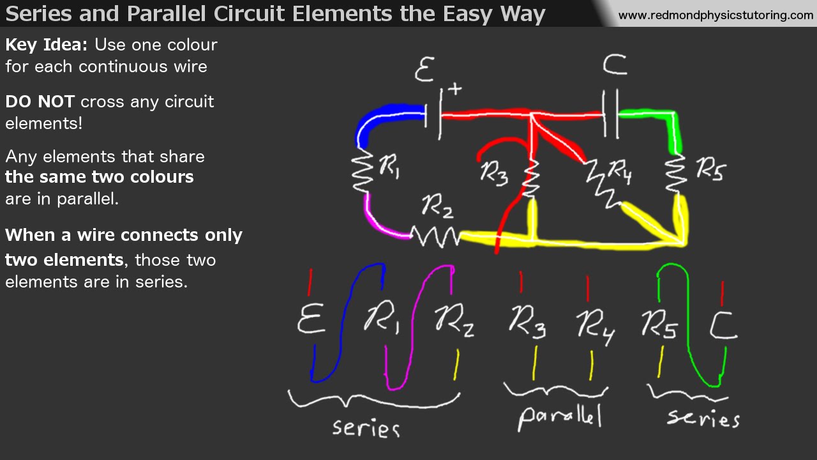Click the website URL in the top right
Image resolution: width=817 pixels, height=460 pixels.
tap(716, 15)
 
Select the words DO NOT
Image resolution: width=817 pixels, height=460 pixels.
tap(40, 102)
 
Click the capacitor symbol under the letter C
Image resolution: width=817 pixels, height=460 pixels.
tap(611, 115)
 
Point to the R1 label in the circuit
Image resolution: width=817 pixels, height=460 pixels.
tap(389, 168)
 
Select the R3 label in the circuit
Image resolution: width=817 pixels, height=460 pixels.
tap(494, 173)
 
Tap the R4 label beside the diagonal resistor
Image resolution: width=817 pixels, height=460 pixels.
tap(620, 171)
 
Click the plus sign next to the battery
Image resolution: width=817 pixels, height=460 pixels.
tap(454, 89)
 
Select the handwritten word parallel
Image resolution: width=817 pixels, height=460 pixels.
tap(560, 417)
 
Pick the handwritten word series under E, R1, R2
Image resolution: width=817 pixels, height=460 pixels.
tap(366, 427)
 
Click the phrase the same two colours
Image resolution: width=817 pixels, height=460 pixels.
tap(100, 177)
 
